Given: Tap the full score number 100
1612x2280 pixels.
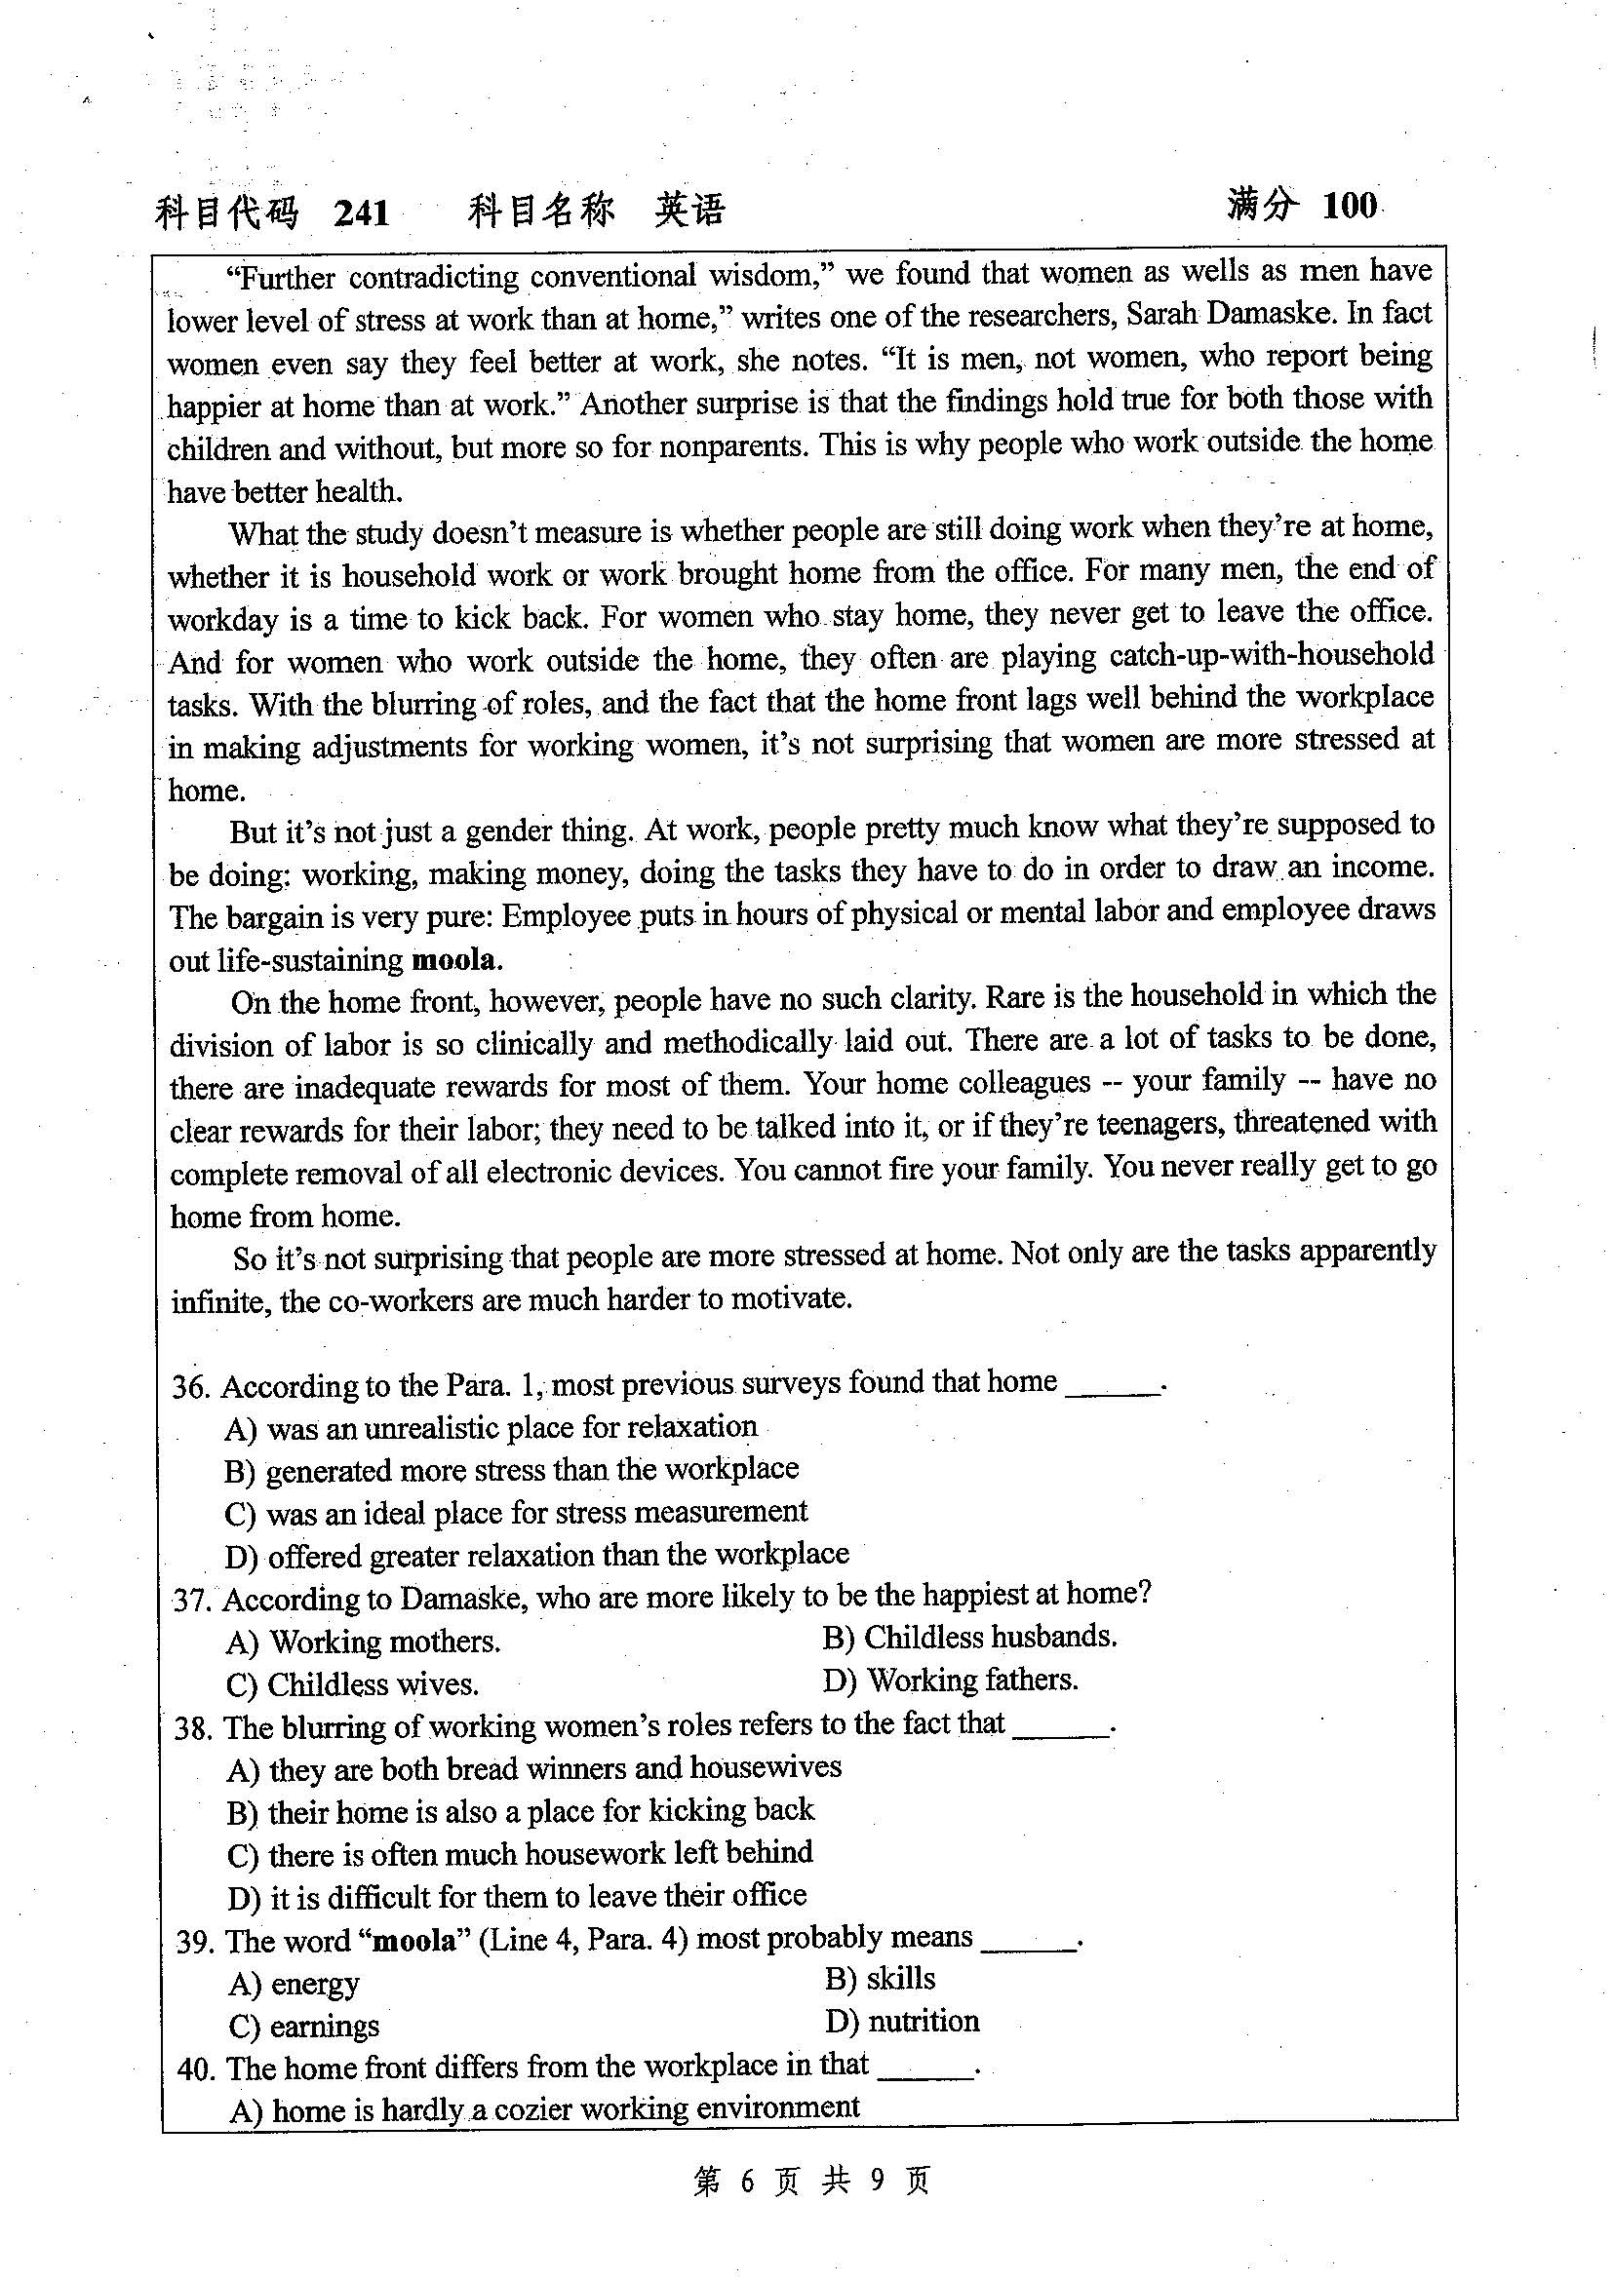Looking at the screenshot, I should (1349, 206).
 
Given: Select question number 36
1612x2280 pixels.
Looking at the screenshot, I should (191, 1386).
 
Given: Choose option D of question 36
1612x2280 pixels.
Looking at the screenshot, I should (536, 1554).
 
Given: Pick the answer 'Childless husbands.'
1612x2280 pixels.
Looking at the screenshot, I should (970, 1638).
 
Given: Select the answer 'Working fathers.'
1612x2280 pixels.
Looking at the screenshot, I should (952, 1681).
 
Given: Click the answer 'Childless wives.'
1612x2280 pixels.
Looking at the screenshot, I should (353, 1685).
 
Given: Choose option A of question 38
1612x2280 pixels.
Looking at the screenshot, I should (534, 1768).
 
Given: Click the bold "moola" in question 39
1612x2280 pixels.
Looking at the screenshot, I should (414, 1942).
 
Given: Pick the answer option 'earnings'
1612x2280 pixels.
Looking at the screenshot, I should (305, 2027).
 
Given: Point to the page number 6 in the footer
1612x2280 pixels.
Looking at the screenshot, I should (747, 2181).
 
